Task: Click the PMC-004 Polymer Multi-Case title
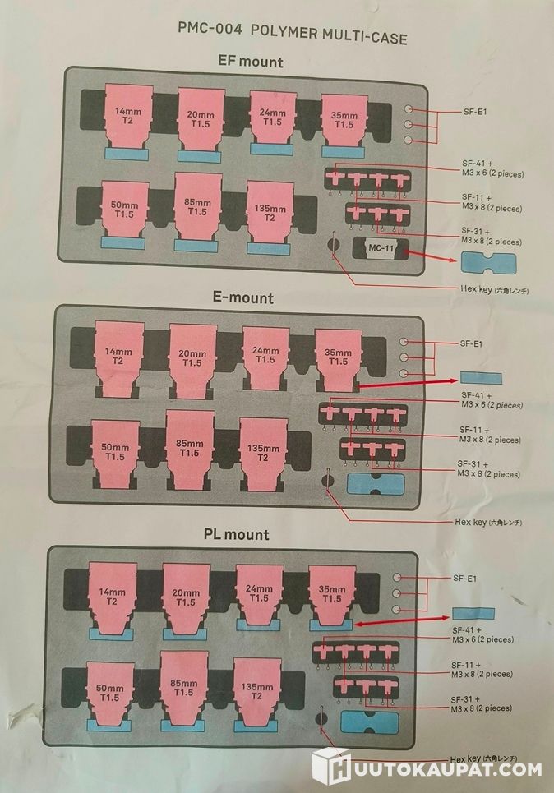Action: point(293,32)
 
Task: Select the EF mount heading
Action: point(250,62)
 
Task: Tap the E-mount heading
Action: point(242,297)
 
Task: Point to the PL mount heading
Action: point(236,534)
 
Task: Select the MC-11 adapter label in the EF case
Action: point(381,248)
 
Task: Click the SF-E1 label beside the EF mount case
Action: point(474,112)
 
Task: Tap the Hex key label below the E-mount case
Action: point(487,522)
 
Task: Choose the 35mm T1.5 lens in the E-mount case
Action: point(338,360)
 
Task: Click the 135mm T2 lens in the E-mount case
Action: point(263,454)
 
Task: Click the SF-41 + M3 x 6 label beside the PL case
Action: point(482,634)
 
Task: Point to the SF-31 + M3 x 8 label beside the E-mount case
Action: point(488,469)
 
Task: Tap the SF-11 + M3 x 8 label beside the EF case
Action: point(492,202)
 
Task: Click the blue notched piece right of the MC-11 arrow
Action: point(488,263)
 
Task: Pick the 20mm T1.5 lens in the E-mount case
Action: point(193,360)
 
